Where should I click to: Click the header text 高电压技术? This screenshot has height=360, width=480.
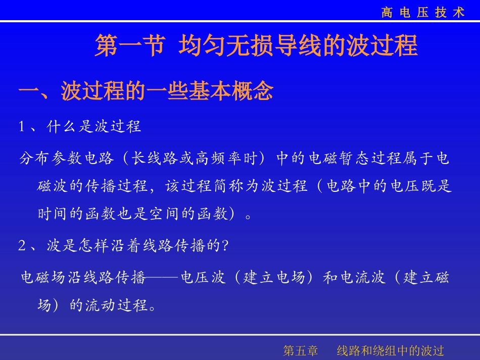(x=423, y=13)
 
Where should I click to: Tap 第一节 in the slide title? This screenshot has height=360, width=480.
(x=129, y=46)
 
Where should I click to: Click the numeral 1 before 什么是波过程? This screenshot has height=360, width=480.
(x=22, y=127)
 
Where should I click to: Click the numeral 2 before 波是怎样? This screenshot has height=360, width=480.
(x=22, y=246)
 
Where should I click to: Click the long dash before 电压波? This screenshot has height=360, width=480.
(x=163, y=278)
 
